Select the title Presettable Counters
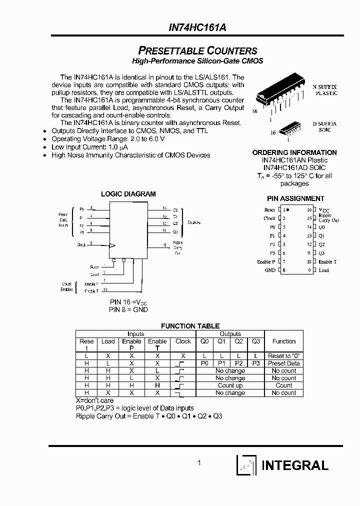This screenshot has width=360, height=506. [197, 51]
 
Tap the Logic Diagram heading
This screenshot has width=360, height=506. [128, 194]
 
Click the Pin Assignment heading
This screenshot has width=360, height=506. [295, 198]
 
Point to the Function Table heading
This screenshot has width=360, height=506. [190, 326]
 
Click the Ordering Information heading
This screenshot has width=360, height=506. [294, 152]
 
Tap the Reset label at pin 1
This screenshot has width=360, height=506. [269, 209]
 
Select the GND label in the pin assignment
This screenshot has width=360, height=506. [270, 270]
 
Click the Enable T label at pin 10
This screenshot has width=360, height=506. [327, 261]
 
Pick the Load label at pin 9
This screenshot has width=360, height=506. [324, 270]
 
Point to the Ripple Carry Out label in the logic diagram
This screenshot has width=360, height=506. [178, 247]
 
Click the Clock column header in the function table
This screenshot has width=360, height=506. [183, 341]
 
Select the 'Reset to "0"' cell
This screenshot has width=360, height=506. [284, 355]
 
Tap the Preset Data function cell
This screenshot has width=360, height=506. [284, 363]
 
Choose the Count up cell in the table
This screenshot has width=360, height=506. [230, 385]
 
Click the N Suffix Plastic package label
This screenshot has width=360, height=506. [325, 90]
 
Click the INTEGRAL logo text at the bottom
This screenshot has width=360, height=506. [295, 465]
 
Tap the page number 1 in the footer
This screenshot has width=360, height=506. [199, 463]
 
